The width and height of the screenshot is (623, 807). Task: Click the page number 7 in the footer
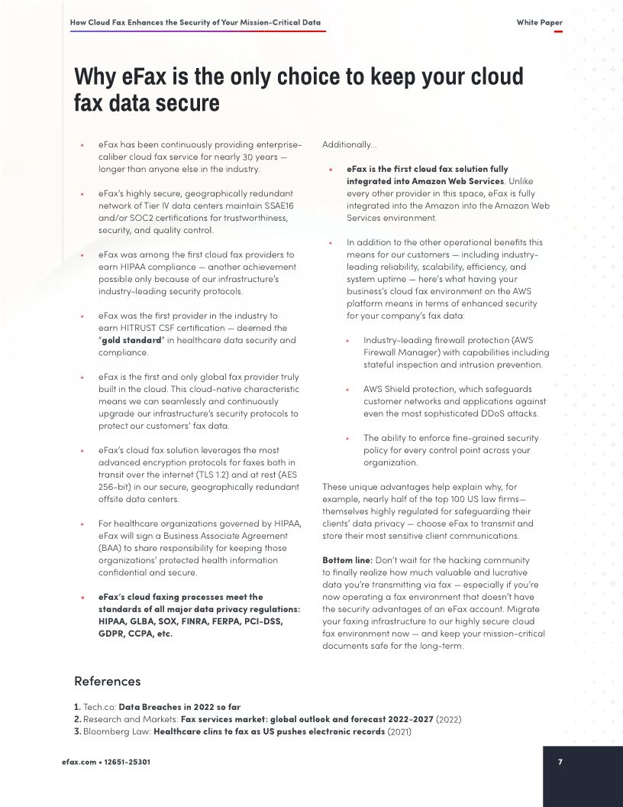coord(560,761)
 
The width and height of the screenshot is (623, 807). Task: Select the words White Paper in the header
coord(539,23)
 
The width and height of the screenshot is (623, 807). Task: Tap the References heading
coord(107,681)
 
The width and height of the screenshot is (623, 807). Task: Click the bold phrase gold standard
coord(131,340)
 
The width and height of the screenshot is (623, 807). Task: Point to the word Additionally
coord(348,144)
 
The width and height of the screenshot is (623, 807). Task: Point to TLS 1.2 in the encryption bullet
coord(215,475)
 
